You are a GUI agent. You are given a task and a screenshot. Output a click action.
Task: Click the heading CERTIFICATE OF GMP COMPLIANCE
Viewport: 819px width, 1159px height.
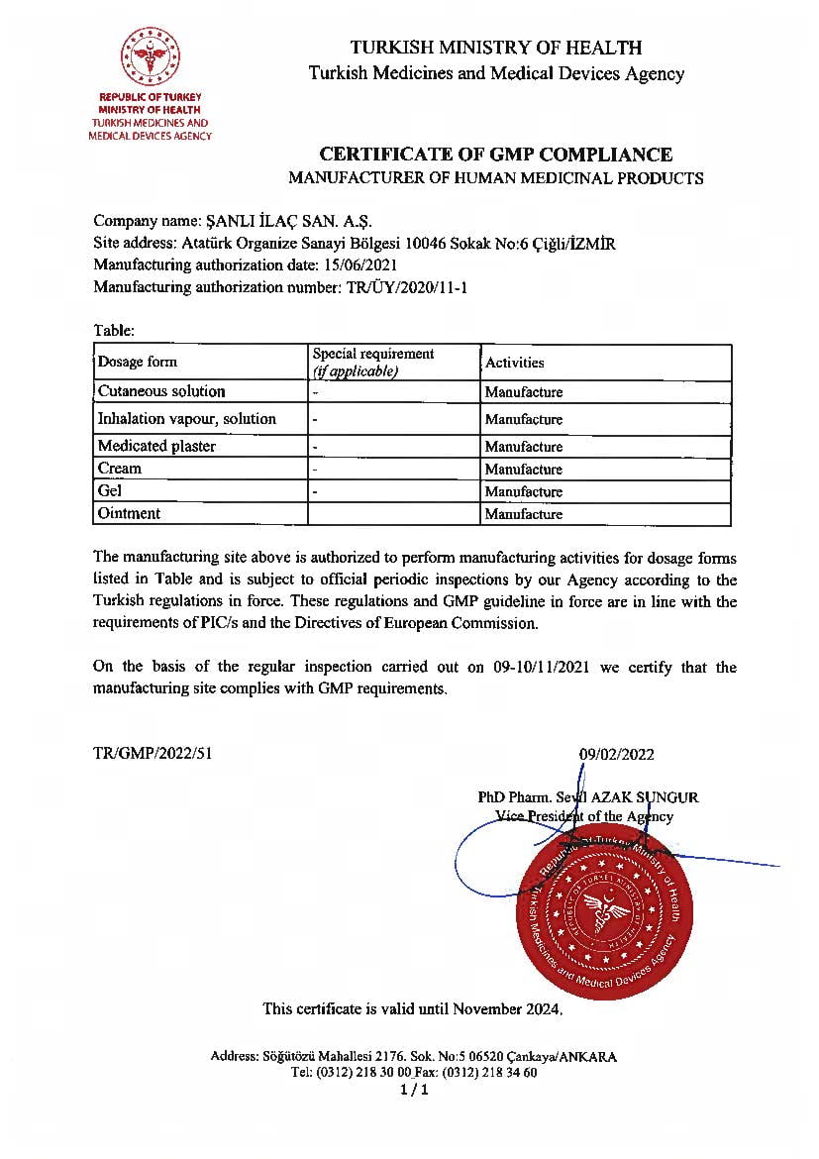(495, 155)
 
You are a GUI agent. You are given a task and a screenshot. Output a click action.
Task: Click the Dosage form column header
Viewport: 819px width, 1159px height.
(138, 363)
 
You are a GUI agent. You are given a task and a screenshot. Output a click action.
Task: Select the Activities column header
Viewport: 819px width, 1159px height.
(514, 363)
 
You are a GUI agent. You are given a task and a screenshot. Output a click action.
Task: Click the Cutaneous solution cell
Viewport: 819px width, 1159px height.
(161, 391)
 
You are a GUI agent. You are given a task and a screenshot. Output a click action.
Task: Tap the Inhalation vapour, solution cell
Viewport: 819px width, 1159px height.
(186, 419)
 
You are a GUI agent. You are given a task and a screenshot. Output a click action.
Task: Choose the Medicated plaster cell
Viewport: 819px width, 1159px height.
(156, 447)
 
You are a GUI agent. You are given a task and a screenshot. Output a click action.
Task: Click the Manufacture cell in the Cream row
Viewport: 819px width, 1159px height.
(523, 470)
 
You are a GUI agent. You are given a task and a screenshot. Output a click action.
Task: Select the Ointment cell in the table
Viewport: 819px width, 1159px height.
(129, 513)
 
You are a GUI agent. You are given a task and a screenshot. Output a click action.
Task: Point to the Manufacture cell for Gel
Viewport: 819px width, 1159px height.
(523, 491)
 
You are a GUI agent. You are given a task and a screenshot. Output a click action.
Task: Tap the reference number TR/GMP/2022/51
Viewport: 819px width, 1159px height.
(153, 753)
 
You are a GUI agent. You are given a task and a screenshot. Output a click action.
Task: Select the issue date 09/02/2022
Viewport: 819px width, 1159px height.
(616, 755)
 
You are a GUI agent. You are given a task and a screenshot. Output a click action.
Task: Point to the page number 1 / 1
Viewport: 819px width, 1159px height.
(414, 1091)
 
